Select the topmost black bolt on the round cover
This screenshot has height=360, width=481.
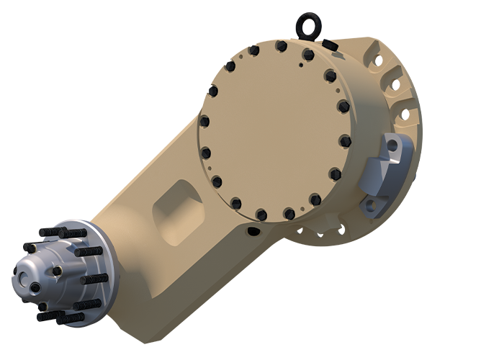281,46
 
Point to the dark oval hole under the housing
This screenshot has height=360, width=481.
253,231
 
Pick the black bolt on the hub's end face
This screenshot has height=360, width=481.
34,287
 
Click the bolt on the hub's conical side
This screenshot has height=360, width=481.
58,271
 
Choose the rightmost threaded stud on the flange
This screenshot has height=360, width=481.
95,278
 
